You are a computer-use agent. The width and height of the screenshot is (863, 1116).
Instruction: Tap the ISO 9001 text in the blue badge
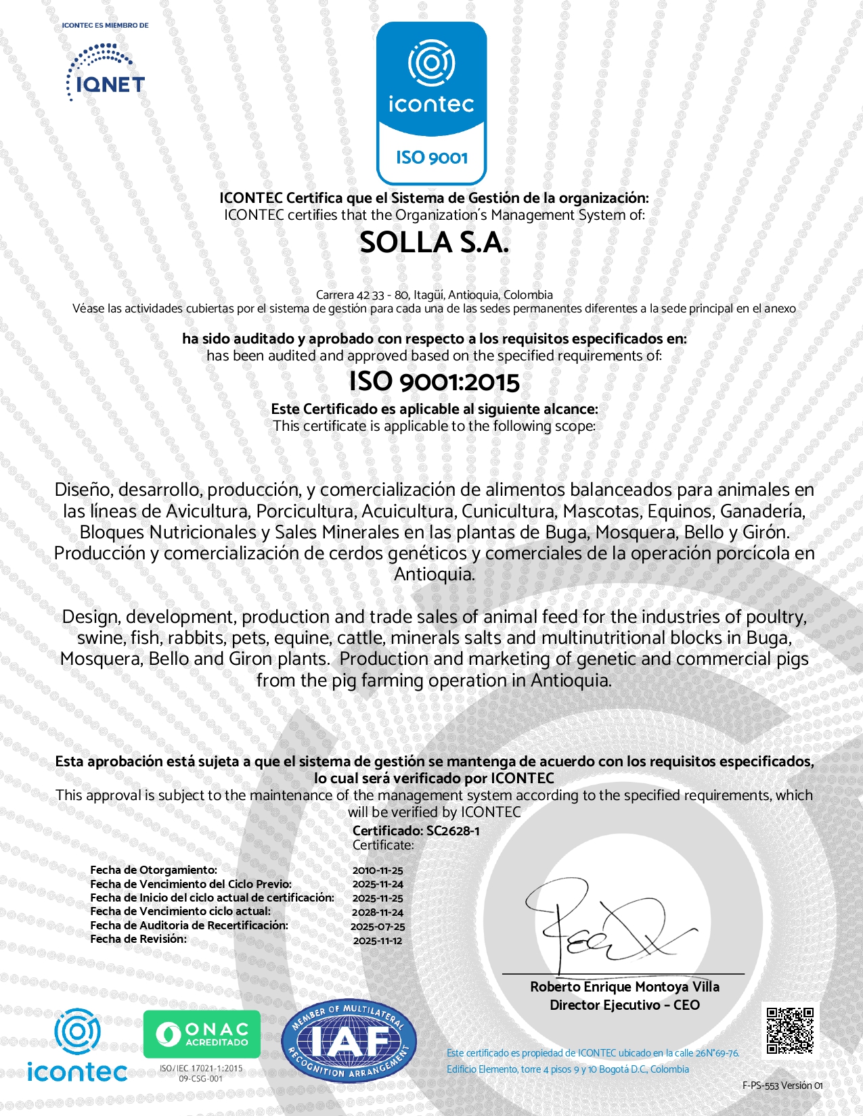click(x=432, y=158)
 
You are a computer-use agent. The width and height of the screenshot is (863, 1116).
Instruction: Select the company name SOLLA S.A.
click(x=434, y=243)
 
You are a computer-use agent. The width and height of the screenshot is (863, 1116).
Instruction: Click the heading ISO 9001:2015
click(x=434, y=382)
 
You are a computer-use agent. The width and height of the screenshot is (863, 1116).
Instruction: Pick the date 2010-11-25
click(x=378, y=870)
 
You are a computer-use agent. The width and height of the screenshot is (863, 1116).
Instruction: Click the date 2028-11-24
click(x=378, y=912)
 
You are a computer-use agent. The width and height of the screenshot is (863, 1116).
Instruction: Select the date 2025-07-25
click(x=378, y=927)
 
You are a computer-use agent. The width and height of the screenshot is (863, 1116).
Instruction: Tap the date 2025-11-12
click(x=378, y=941)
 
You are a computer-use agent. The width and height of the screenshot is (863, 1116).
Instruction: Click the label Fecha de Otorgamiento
click(x=154, y=870)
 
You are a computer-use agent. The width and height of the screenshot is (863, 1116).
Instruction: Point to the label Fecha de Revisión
click(x=139, y=939)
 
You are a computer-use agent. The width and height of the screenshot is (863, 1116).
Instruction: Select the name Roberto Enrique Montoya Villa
click(x=624, y=987)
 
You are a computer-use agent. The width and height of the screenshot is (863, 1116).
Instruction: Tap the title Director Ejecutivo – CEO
click(x=624, y=1005)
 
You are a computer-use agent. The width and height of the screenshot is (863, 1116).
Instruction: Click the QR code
click(x=789, y=1031)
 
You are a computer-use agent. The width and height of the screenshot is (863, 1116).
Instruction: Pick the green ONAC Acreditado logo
click(x=202, y=1034)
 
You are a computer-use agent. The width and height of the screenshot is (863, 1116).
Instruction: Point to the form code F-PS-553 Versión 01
click(x=782, y=1086)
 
